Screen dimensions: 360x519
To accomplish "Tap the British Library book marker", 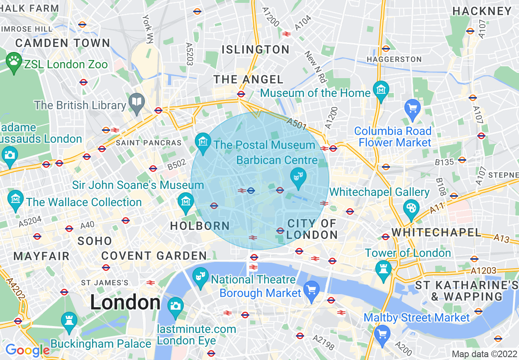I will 136,102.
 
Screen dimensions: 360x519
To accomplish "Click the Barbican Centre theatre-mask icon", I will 298,177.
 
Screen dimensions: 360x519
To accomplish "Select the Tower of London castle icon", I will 384,269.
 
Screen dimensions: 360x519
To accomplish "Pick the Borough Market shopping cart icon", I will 312,289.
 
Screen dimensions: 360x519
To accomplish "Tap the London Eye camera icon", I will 176,305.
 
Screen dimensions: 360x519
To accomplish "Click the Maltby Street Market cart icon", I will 382,333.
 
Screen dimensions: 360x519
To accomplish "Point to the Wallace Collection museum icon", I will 16,199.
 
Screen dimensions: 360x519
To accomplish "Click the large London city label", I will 125,303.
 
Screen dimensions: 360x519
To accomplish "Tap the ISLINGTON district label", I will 255,49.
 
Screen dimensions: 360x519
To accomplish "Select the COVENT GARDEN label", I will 154,256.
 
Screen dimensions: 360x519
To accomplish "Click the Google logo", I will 27,350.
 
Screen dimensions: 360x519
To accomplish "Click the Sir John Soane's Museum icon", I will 186,201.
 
